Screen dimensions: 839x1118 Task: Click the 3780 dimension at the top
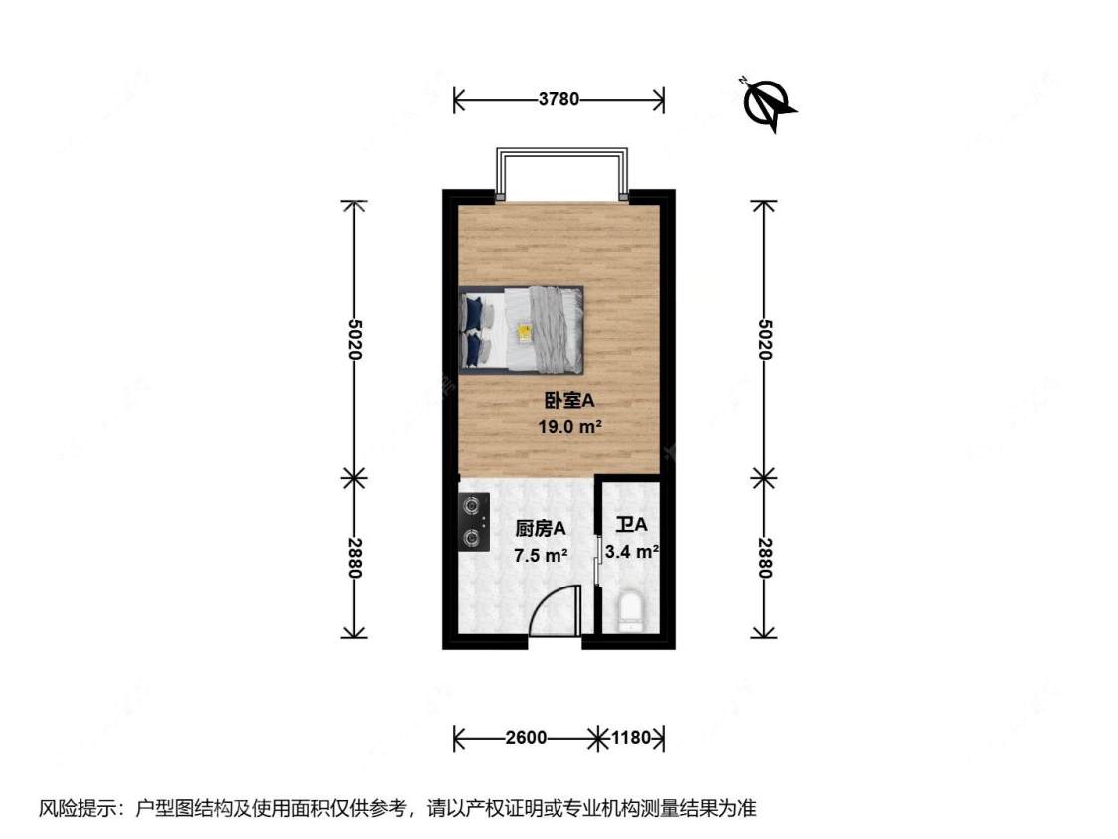pyautogui.click(x=559, y=99)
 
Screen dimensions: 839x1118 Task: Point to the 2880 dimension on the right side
pyautogui.click(x=764, y=558)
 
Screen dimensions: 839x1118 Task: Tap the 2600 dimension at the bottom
pyautogui.click(x=526, y=738)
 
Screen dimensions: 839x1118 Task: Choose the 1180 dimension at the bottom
pyautogui.click(x=630, y=738)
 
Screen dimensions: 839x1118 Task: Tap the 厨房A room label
pyautogui.click(x=540, y=529)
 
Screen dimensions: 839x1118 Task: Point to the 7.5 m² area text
pyautogui.click(x=540, y=555)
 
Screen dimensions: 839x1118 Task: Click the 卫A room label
pyautogui.click(x=631, y=524)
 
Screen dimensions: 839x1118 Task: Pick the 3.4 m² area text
pyautogui.click(x=633, y=551)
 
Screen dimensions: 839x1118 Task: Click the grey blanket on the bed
pyautogui.click(x=549, y=327)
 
